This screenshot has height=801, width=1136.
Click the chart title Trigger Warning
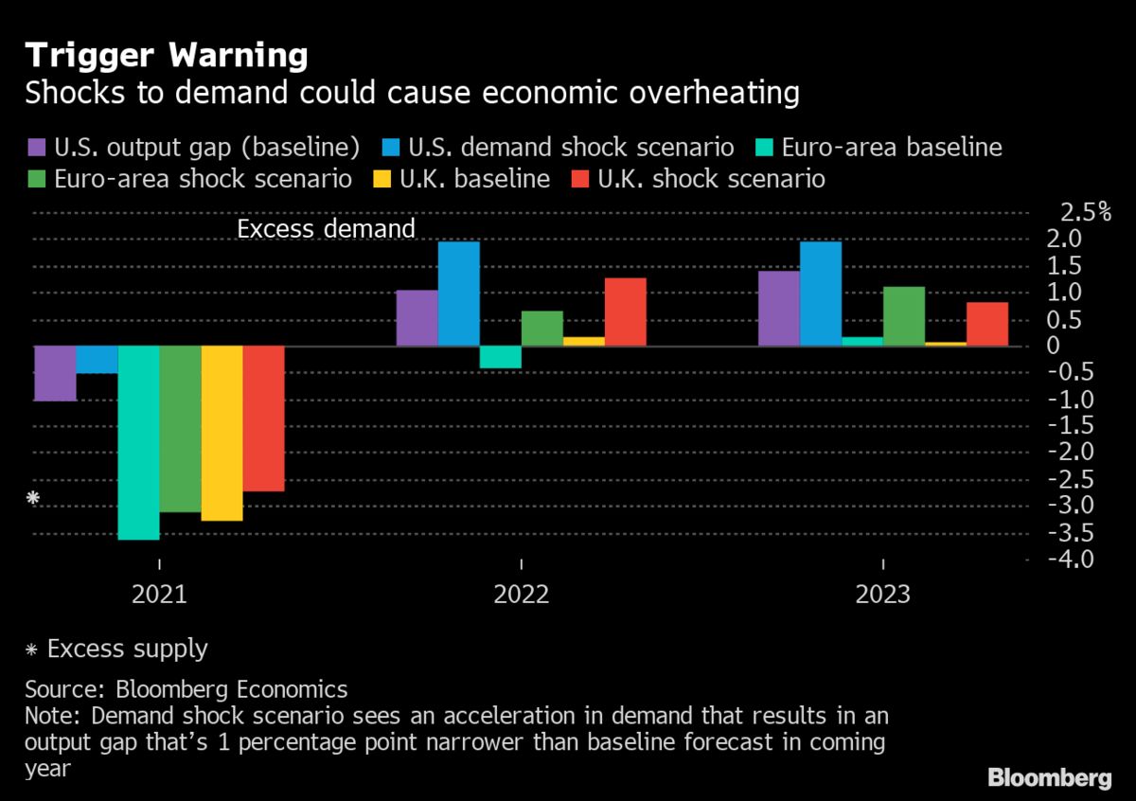coord(167,56)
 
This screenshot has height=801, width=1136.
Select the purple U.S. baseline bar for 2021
coord(55,373)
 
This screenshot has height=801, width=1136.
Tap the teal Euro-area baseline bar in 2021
coord(138,442)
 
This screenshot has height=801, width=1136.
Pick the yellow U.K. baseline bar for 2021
coord(222,433)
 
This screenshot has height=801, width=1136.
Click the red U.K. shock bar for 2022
coord(625,311)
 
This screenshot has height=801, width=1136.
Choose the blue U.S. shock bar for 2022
coord(458,294)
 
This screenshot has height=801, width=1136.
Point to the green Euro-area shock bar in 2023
coord(904,315)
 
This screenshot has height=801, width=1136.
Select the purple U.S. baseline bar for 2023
coord(779,308)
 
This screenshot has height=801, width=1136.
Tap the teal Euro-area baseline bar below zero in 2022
coord(500,357)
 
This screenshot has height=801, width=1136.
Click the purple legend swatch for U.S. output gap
coord(36,148)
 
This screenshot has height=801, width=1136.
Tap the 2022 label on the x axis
coord(522,596)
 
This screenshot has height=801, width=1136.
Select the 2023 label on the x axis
coord(882,596)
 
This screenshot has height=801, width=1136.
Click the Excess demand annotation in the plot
coord(326,229)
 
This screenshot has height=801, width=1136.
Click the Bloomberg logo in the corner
coord(1049,778)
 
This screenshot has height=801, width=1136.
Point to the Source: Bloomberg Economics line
coord(186,689)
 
